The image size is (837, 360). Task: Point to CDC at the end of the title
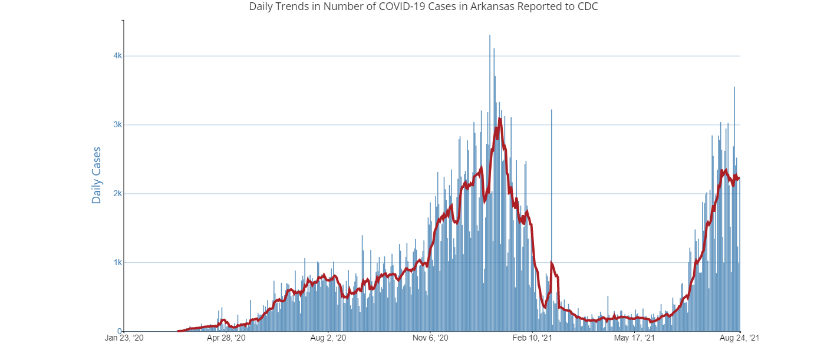tap(589, 7)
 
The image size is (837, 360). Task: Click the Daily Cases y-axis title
tap(97, 176)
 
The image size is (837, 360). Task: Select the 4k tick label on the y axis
tap(117, 56)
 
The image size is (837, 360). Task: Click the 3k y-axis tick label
tap(117, 125)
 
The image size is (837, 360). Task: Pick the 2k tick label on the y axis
tap(117, 194)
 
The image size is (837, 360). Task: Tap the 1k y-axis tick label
tap(117, 263)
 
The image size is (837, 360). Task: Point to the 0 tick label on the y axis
tap(120, 331)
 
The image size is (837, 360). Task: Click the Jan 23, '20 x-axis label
tap(124, 339)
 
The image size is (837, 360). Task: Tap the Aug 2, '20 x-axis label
tap(329, 339)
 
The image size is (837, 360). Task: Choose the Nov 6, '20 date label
tap(431, 339)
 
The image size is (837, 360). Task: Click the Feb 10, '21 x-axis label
tap(533, 339)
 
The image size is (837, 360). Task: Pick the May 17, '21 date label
tap(634, 339)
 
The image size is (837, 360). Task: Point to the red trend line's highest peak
tap(500, 120)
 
